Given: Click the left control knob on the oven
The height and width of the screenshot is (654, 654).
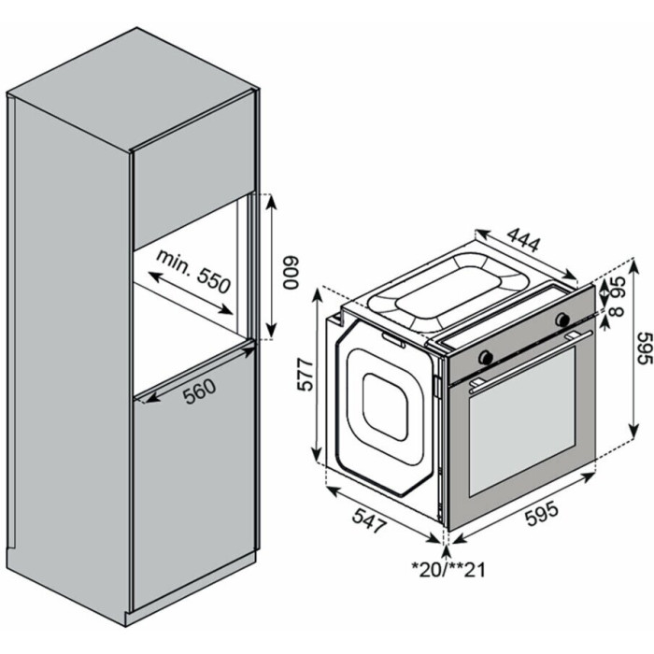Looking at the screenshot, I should tap(485, 357).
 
